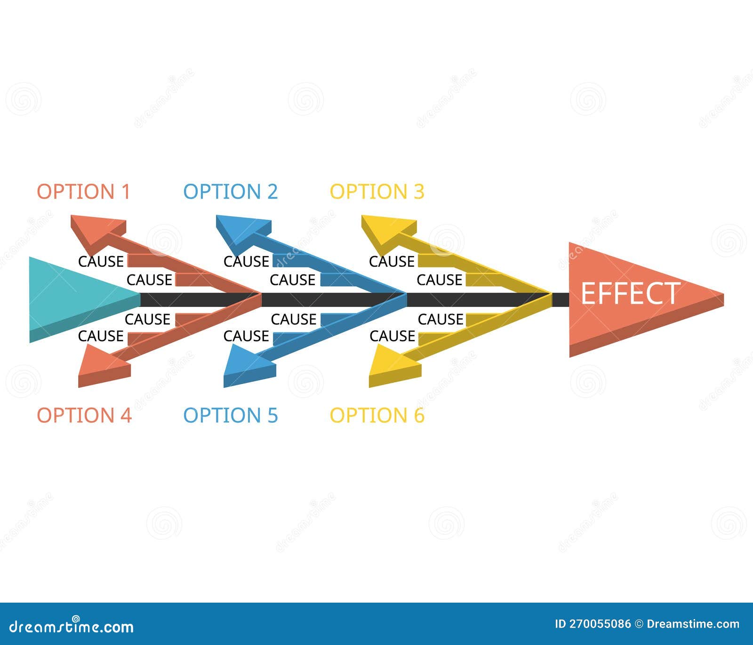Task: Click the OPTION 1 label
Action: pyautogui.click(x=83, y=192)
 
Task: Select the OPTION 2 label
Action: pyautogui.click(x=230, y=192)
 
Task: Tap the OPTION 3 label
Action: pyautogui.click(x=376, y=192)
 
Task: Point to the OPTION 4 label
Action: pyautogui.click(x=84, y=415)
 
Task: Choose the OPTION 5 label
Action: pyautogui.click(x=230, y=415)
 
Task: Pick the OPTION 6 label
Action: pyautogui.click(x=376, y=415)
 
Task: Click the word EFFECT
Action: pyautogui.click(x=630, y=293)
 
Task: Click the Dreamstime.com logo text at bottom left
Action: pyautogui.click(x=72, y=626)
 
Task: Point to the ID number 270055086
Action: pyautogui.click(x=600, y=624)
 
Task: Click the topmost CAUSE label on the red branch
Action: pyautogui.click(x=101, y=261)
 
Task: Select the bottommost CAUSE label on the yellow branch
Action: pyautogui.click(x=392, y=336)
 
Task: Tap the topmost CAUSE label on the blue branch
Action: pyautogui.click(x=246, y=261)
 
